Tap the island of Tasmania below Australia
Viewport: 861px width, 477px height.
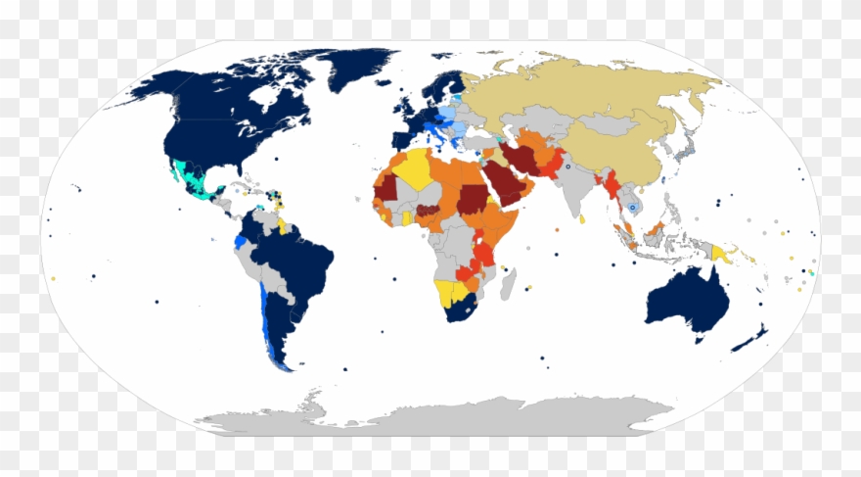click(700, 338)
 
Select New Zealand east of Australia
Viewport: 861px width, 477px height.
click(750, 339)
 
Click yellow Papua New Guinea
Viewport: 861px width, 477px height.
click(721, 254)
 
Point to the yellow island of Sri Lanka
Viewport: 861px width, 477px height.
click(582, 220)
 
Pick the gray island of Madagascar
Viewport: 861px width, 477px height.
click(509, 284)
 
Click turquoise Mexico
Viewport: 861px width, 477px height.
click(186, 176)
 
